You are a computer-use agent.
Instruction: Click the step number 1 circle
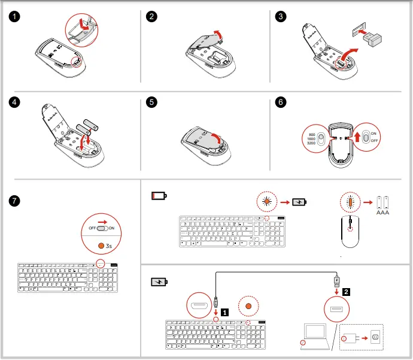click(x=19, y=17)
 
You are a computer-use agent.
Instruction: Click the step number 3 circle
click(x=281, y=17)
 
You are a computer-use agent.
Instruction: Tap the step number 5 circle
click(x=152, y=102)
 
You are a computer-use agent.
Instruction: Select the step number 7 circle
click(x=19, y=201)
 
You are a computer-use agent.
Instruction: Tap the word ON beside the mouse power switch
click(x=374, y=133)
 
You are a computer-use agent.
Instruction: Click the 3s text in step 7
click(x=108, y=246)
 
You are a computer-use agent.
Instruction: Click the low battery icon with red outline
click(x=159, y=196)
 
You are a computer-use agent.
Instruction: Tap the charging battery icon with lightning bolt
click(x=159, y=282)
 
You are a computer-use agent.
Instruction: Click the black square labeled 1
click(x=224, y=311)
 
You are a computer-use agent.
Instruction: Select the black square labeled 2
click(x=347, y=292)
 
